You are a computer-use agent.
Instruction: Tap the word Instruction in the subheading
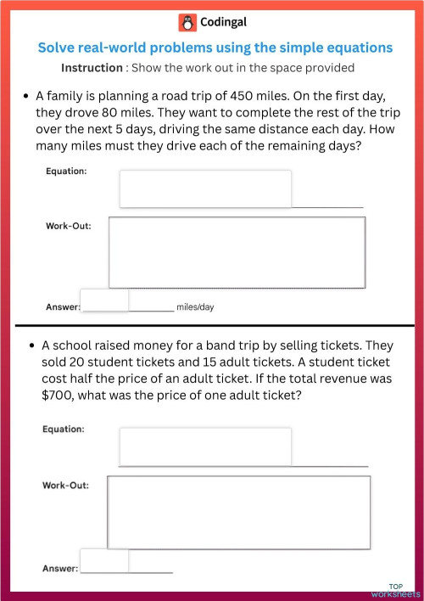(x=92, y=67)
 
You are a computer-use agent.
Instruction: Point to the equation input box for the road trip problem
(x=205, y=188)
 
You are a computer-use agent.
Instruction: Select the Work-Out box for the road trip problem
(x=237, y=252)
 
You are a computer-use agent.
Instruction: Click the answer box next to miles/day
(x=104, y=300)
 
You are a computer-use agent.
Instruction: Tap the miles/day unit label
(x=195, y=306)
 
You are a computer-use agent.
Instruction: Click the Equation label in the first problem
(x=66, y=171)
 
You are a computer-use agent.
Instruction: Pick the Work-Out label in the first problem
(x=69, y=226)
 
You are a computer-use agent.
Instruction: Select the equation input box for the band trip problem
(x=205, y=446)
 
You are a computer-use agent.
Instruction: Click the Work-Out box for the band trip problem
(x=238, y=511)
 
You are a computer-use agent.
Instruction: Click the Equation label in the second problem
(x=64, y=430)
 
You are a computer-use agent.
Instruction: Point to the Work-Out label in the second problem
(x=66, y=485)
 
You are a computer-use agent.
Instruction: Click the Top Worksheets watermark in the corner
(x=395, y=590)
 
